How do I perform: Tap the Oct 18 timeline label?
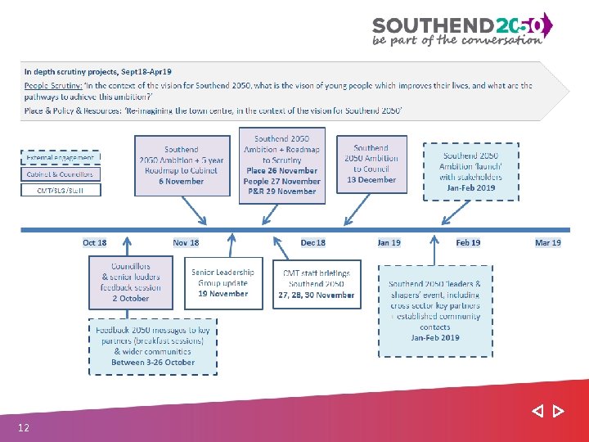(95, 242)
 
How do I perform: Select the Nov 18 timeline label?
(186, 242)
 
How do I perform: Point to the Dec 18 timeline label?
(313, 242)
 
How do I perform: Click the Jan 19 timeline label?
(389, 242)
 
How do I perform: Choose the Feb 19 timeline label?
(468, 242)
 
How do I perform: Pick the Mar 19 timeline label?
(548, 242)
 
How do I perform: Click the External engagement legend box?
(61, 156)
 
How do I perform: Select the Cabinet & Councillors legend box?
(61, 174)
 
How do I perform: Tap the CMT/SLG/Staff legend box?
(61, 190)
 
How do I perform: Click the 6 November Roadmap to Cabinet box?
(182, 165)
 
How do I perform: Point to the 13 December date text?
(371, 180)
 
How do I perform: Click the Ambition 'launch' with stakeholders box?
(470, 172)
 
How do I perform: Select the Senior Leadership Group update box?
(223, 282)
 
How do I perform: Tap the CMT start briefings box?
(317, 284)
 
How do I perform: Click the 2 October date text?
(131, 299)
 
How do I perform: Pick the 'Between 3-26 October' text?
(153, 362)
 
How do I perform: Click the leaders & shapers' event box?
(435, 310)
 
